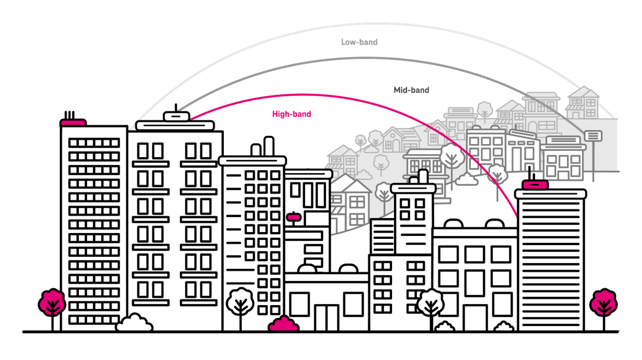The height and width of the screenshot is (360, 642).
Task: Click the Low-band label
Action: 359,42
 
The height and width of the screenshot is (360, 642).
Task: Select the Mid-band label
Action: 411,90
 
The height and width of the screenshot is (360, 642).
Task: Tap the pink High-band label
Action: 291,114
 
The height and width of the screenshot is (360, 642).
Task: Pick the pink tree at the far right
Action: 603,302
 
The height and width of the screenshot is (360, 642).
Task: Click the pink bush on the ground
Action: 284,324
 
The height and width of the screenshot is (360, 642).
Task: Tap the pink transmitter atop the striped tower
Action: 535,183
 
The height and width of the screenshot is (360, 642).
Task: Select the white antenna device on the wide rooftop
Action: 176,116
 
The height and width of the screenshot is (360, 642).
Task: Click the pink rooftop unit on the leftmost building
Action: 72,121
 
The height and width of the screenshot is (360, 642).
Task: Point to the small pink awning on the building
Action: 294,217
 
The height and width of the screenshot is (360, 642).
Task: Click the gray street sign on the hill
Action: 593,135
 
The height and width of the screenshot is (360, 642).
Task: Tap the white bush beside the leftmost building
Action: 134,323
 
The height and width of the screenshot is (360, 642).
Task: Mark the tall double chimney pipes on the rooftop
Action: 263,147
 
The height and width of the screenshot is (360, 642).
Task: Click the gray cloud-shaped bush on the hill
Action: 466,180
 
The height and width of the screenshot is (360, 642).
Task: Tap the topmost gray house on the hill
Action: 582,103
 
